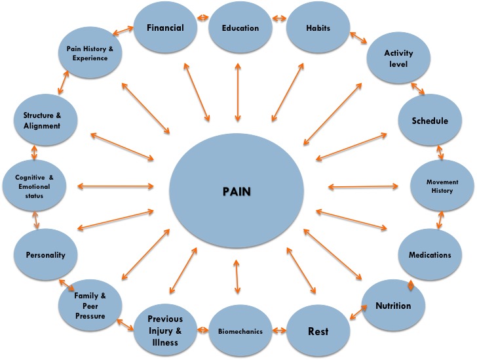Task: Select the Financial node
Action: click(x=164, y=28)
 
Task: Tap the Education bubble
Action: click(x=240, y=28)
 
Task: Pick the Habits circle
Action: click(x=318, y=28)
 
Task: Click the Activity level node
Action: click(x=398, y=59)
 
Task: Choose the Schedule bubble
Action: click(x=430, y=121)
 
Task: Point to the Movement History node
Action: click(x=442, y=186)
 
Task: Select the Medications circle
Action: click(x=430, y=254)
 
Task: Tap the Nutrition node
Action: click(x=393, y=306)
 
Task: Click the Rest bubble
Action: click(x=318, y=330)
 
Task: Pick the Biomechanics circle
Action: click(x=240, y=331)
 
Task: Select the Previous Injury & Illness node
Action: click(x=164, y=325)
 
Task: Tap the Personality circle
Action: click(x=45, y=254)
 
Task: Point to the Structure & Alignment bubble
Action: click(x=47, y=121)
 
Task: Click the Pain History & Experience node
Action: click(x=92, y=54)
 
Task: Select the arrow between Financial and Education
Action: click(x=202, y=28)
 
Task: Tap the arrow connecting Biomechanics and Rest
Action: click(x=280, y=331)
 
